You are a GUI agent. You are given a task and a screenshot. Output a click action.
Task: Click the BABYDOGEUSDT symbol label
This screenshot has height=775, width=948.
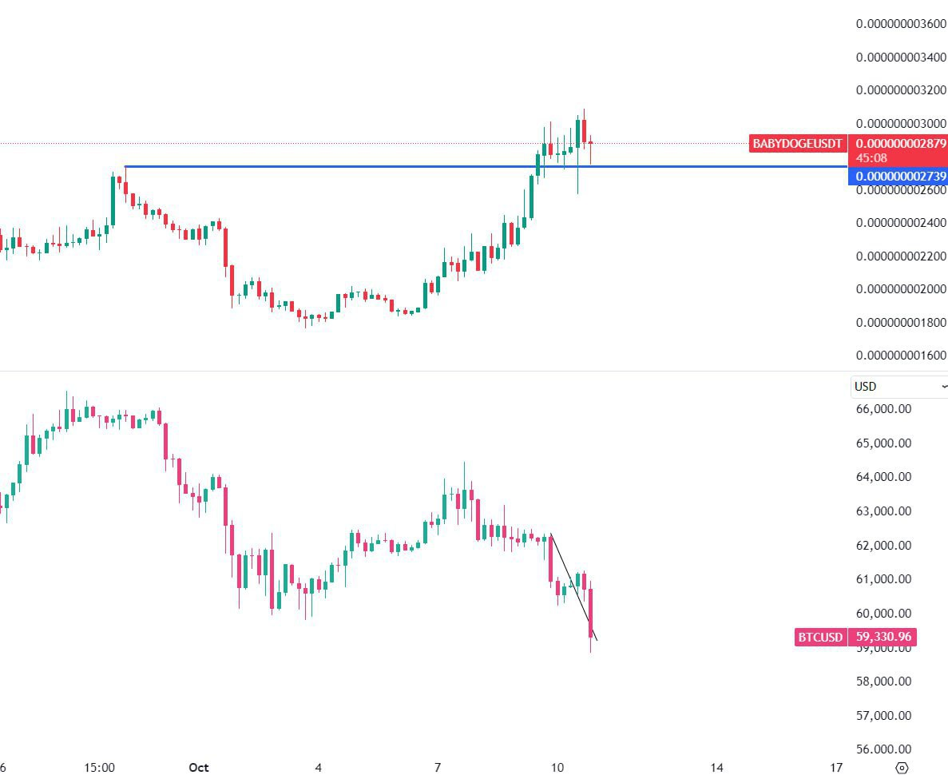tap(797, 144)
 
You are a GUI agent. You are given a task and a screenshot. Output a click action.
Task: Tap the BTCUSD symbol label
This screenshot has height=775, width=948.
tap(820, 638)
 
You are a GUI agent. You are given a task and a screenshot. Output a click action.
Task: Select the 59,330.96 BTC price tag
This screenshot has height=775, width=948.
tap(882, 638)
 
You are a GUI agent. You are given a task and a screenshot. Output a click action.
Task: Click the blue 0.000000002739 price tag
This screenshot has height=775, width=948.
tap(897, 176)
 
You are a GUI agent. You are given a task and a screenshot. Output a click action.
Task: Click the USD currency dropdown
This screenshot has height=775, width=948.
tap(898, 387)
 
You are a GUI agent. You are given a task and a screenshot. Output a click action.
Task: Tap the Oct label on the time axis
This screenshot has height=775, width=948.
tap(199, 768)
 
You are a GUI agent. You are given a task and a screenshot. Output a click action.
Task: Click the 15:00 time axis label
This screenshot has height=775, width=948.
tap(99, 768)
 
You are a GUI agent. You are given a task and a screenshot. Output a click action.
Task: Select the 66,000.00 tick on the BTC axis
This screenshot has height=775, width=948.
tap(883, 409)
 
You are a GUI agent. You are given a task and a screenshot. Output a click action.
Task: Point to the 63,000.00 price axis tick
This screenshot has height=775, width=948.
tap(883, 511)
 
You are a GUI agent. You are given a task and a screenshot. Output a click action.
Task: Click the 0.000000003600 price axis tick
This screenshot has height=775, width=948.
tap(901, 24)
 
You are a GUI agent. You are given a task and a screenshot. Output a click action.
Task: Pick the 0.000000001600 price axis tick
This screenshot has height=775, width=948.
tap(901, 356)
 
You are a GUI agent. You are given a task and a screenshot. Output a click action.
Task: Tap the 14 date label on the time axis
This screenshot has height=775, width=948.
tap(717, 768)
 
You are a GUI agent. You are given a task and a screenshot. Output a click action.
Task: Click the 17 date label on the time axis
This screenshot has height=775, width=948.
tap(836, 768)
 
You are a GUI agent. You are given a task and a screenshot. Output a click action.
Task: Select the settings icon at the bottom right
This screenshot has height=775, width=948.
tap(902, 768)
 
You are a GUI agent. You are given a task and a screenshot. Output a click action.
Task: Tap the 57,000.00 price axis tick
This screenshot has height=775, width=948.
tap(883, 716)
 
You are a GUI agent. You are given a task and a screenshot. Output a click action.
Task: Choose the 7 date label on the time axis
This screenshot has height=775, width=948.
tap(438, 768)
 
